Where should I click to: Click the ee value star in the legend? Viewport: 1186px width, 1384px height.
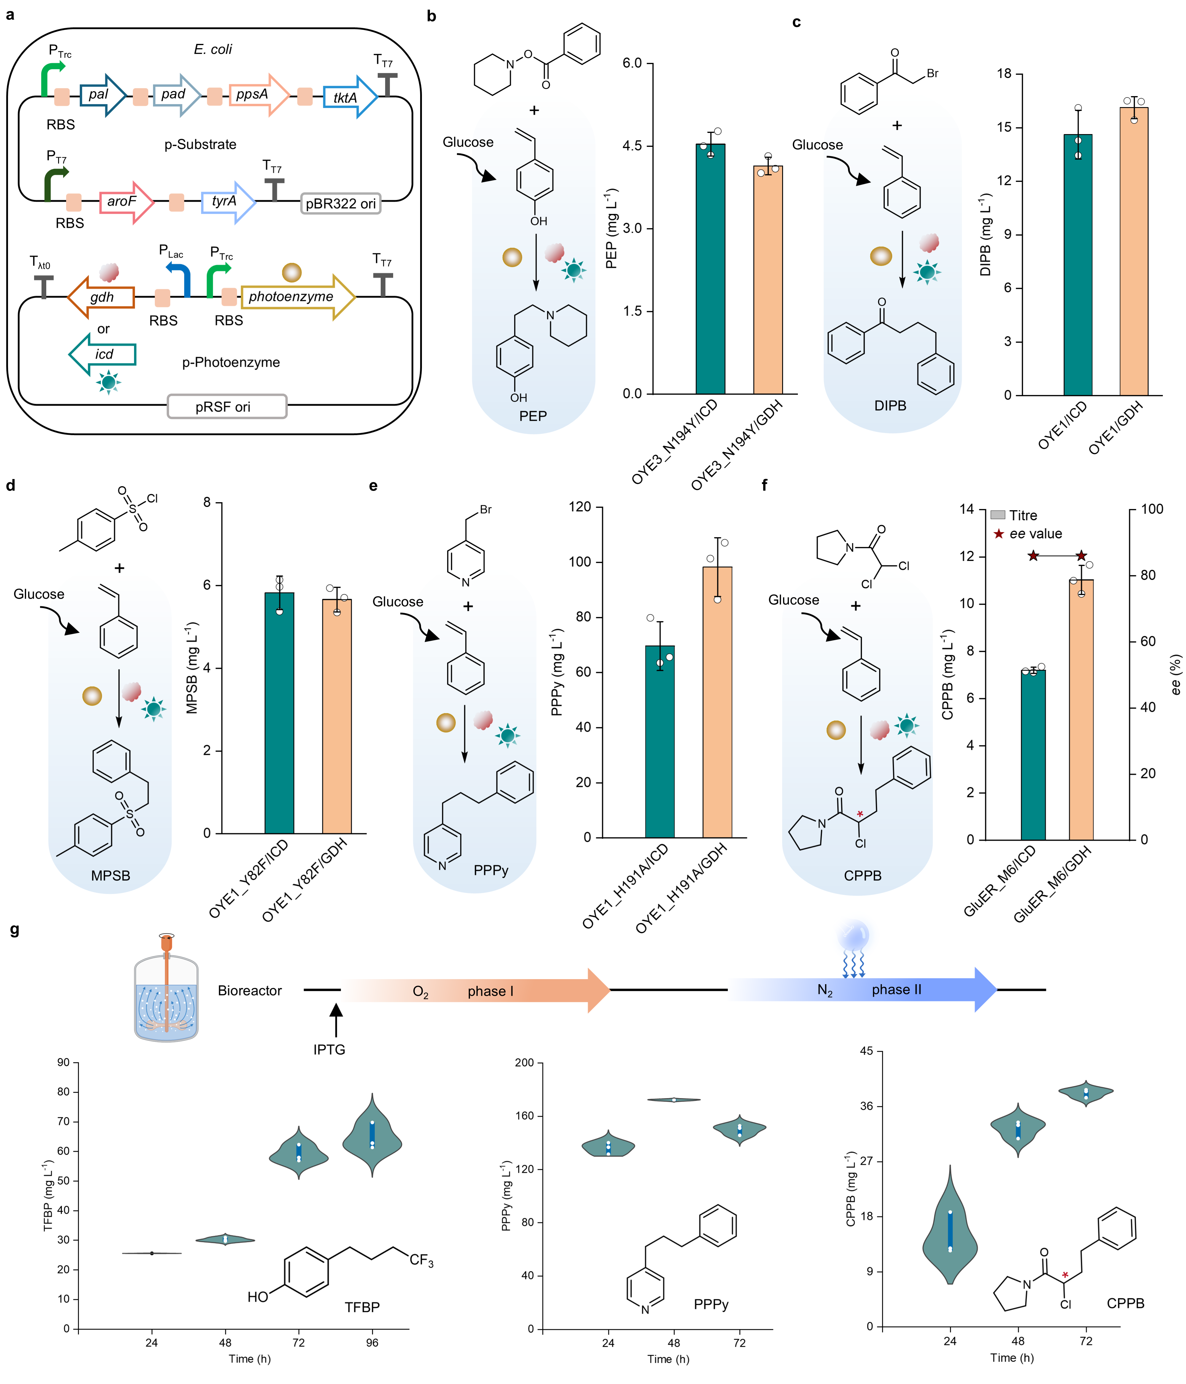998,534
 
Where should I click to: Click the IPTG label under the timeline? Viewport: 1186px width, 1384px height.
329,1049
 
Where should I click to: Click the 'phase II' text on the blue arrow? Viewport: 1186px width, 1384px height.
896,990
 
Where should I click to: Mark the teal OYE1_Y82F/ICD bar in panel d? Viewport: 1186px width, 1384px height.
279,713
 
